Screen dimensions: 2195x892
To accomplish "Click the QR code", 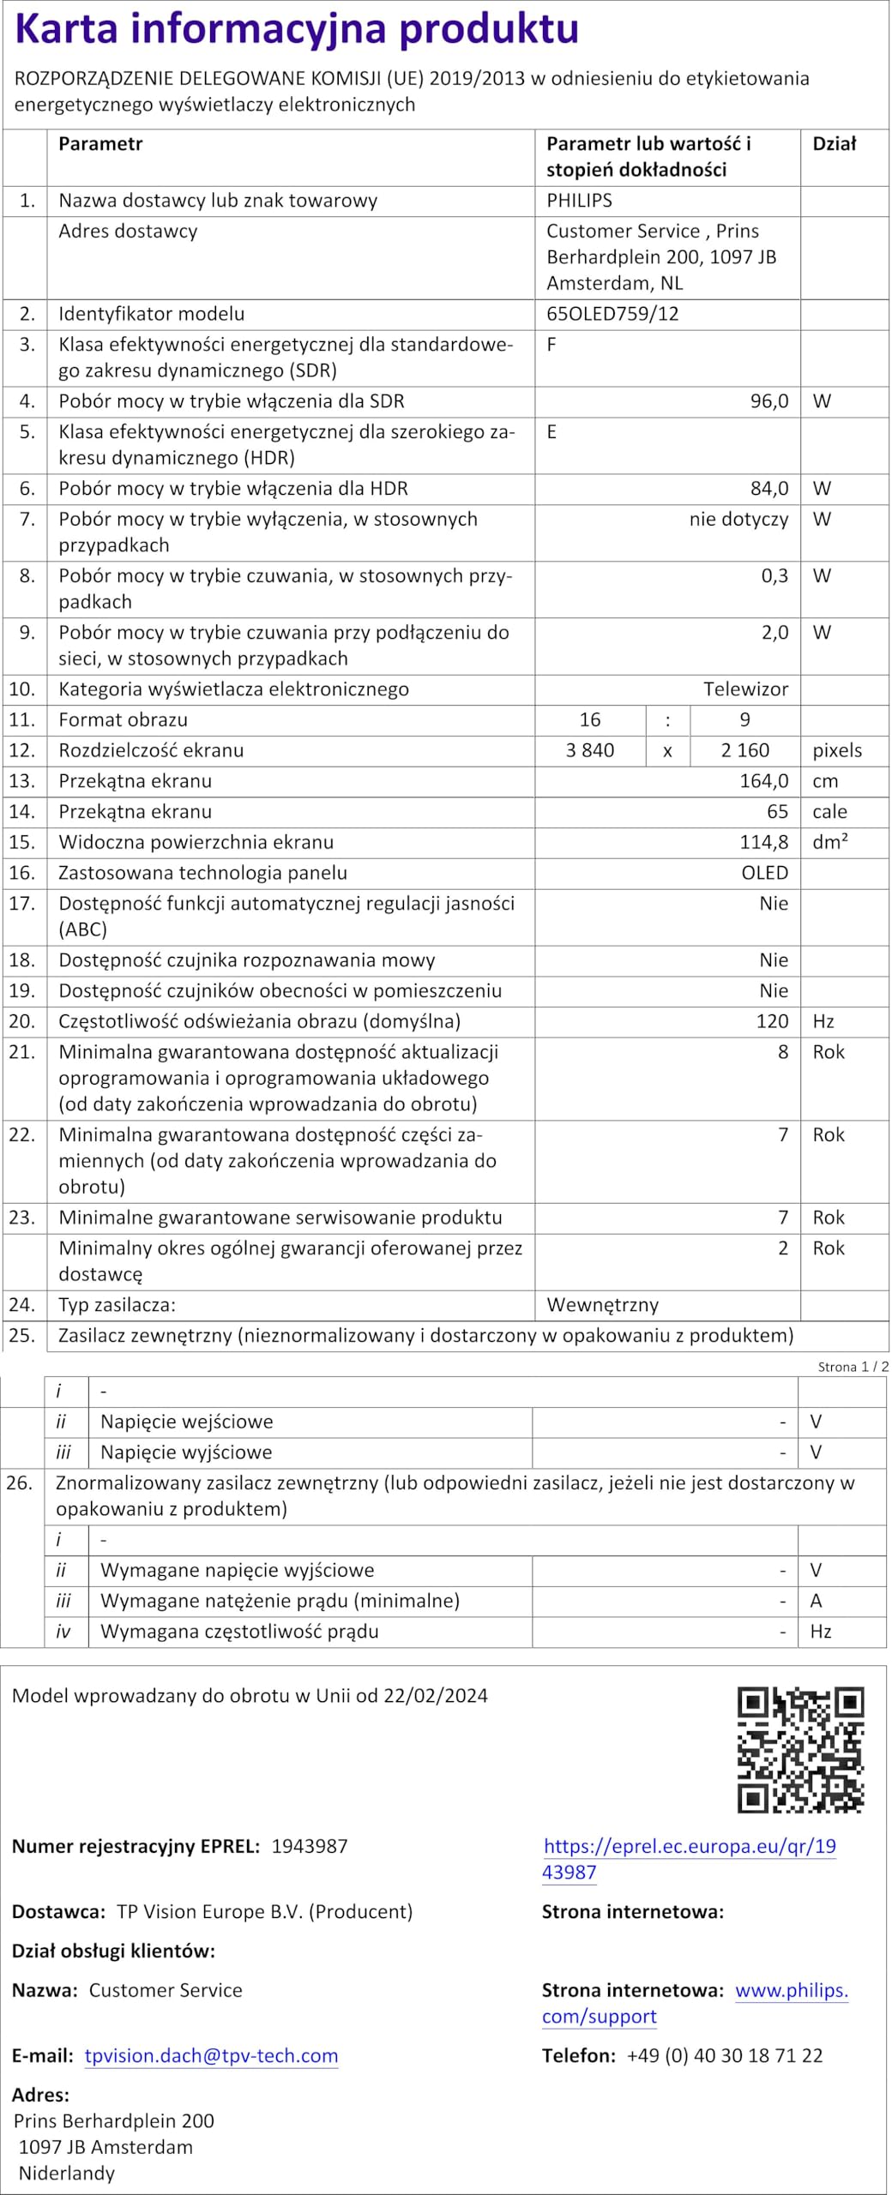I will click(x=800, y=1750).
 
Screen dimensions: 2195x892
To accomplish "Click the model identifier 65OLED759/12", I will click(x=612, y=314).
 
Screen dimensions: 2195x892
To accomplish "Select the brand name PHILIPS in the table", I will click(x=579, y=201).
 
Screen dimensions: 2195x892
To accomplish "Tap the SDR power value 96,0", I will click(x=768, y=401).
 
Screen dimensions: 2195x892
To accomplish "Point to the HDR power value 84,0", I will click(x=768, y=489).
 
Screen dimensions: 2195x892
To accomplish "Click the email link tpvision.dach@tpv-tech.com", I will click(x=211, y=2055).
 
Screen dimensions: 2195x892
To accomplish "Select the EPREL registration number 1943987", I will click(x=310, y=1846).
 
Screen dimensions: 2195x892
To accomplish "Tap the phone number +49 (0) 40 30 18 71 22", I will click(x=725, y=2055).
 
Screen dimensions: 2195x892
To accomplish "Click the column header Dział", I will click(x=834, y=144).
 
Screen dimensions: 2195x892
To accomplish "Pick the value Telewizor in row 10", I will click(x=745, y=689).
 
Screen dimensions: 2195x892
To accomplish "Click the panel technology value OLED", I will click(x=764, y=873).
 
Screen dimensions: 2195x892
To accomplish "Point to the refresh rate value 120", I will click(x=772, y=1021).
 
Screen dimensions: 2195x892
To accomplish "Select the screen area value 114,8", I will click(x=763, y=842).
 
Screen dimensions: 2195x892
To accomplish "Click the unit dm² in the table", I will click(x=829, y=842).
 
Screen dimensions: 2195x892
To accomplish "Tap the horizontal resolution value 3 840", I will click(x=590, y=750).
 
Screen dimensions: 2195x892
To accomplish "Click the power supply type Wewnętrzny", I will click(x=602, y=1305).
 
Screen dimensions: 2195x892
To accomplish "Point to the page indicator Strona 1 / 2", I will click(x=853, y=1367).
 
